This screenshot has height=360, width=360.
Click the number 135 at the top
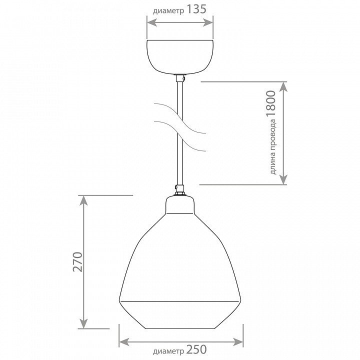196,9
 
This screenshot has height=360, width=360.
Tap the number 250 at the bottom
196,349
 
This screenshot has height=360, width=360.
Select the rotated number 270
77,262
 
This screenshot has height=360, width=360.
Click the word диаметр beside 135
168,11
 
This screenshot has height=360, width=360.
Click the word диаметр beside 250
168,351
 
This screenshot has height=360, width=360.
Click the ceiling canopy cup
180,57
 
